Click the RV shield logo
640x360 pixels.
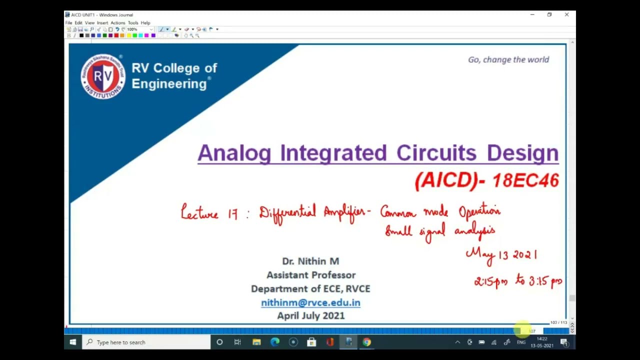coord(103,76)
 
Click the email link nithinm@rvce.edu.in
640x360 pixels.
coord(310,302)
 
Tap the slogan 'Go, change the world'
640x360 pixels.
coord(508,59)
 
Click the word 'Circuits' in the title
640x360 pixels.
coord(436,153)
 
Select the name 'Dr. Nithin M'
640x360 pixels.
coord(310,261)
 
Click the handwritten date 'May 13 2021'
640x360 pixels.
coord(501,254)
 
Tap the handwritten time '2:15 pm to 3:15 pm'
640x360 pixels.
coord(518,281)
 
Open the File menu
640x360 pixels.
coord(68,23)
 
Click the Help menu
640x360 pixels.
coord(145,23)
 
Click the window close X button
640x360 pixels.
coord(566,15)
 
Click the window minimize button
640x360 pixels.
coord(532,15)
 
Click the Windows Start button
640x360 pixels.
coord(73,342)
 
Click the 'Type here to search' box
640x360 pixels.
coord(147,342)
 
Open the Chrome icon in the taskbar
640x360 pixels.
coord(367,342)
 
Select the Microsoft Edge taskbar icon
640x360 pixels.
coord(275,342)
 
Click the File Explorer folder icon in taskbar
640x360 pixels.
coord(256,342)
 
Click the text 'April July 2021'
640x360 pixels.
coord(310,315)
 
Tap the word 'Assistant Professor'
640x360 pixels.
coord(310,275)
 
